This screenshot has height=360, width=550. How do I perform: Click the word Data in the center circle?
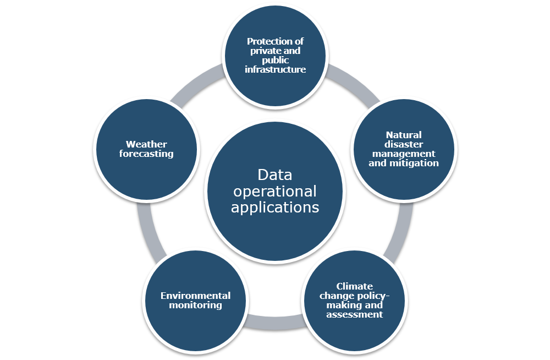(x=275, y=176)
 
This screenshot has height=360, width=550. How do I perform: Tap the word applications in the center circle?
(x=275, y=208)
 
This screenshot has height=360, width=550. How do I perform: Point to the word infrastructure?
(x=275, y=70)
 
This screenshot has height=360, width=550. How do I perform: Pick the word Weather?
(x=146, y=145)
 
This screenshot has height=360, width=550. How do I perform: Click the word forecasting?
(x=146, y=154)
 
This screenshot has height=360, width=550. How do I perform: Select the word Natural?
(x=404, y=135)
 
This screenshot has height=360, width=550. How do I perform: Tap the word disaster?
(x=404, y=144)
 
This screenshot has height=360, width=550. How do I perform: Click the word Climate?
(x=354, y=286)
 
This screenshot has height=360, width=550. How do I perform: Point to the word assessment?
(x=354, y=314)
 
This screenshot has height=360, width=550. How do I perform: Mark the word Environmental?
(x=195, y=296)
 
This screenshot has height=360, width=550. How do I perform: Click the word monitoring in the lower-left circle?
(x=195, y=305)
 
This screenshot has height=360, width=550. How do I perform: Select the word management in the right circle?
(x=404, y=154)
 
